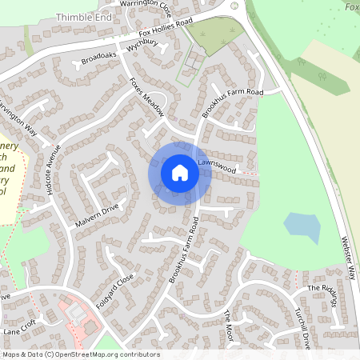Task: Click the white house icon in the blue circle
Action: (x=180, y=172)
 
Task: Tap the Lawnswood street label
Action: (x=217, y=170)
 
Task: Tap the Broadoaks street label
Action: (x=98, y=58)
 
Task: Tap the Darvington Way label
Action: (x=18, y=118)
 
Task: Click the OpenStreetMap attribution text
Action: (x=80, y=354)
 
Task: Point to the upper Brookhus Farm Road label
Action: (x=232, y=104)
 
